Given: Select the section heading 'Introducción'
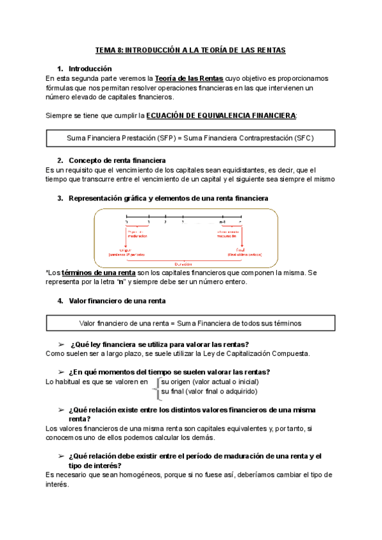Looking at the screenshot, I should coord(90,68).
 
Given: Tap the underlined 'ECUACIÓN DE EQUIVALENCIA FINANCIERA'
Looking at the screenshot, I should coord(221,115).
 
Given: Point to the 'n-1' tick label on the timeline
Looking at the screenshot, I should coord(223,222).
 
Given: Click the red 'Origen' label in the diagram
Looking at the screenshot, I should coord(134,248).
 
